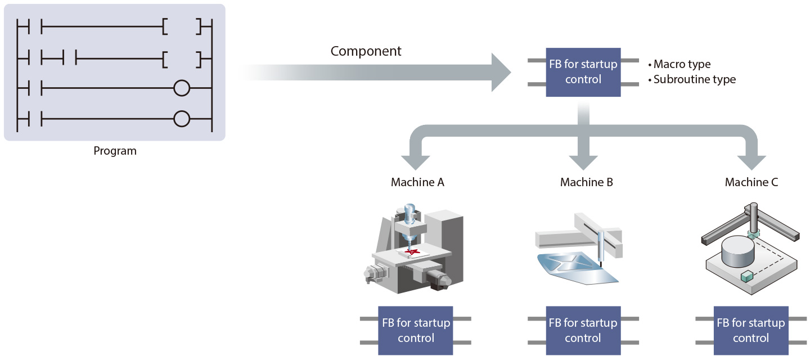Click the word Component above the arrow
pyautogui.click(x=366, y=51)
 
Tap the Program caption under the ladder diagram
pyautogui.click(x=115, y=151)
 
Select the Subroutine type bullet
pyautogui.click(x=694, y=79)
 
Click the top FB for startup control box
pyautogui.click(x=583, y=72)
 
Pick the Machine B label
pyautogui.click(x=586, y=182)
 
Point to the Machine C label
pyautogui.click(x=751, y=182)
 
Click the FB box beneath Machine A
pyautogui.click(x=416, y=330)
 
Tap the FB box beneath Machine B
pyautogui.click(x=583, y=330)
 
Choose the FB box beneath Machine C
pyautogui.click(x=750, y=330)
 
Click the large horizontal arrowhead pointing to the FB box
pyautogui.click(x=501, y=72)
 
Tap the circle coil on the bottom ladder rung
pyautogui.click(x=181, y=119)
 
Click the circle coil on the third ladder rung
pyautogui.click(x=181, y=88)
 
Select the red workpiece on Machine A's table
pyautogui.click(x=412, y=251)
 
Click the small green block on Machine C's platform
pyautogui.click(x=747, y=276)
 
